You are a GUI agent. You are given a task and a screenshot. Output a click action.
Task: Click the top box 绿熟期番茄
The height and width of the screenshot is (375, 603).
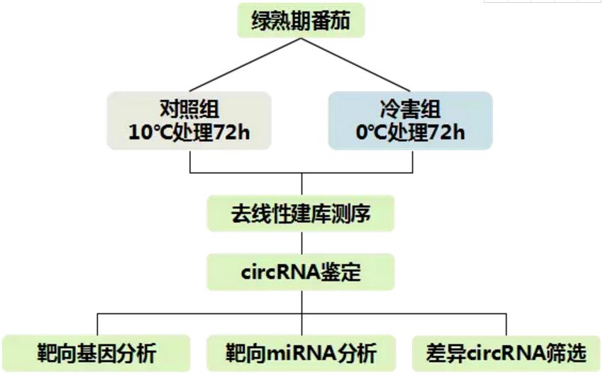[301, 21]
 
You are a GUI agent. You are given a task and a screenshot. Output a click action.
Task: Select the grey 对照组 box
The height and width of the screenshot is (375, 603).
[189, 121]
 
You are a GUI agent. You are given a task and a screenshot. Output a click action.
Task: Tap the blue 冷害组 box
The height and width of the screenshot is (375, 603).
[411, 121]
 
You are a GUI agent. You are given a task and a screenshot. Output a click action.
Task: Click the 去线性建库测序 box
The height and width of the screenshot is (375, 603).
[301, 214]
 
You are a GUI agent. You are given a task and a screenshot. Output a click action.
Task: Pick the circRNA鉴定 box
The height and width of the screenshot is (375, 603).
[301, 271]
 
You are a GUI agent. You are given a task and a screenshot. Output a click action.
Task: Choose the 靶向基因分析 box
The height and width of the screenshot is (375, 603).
[96, 352]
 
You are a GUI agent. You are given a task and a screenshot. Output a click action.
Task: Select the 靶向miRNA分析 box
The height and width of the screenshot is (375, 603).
[301, 352]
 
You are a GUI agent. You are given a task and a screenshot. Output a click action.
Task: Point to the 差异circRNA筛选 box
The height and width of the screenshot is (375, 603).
[507, 352]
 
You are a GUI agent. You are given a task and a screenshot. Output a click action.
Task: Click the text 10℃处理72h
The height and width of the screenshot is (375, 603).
[189, 132]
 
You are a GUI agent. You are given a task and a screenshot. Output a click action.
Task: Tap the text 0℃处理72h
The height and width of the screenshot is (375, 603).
[411, 132]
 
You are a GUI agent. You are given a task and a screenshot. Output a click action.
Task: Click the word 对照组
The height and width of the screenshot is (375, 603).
[189, 109]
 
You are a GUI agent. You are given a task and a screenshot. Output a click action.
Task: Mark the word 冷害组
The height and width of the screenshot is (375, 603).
[411, 109]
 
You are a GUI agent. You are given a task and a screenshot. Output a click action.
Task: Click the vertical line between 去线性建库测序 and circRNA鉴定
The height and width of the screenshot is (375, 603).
[301, 243]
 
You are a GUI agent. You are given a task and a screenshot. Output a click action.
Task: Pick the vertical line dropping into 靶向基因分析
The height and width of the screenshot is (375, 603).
[97, 324]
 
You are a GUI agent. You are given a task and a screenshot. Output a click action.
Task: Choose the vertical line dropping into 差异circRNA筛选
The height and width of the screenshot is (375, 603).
[506, 324]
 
